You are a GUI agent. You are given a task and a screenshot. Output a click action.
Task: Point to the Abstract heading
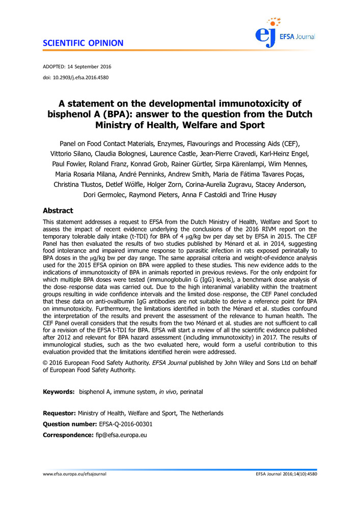point(58,211)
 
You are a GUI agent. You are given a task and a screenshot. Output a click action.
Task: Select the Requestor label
point(60,413)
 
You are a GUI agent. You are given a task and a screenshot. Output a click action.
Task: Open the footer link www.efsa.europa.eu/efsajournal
point(75,474)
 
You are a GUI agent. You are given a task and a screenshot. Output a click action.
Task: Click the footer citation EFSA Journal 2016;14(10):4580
point(287,474)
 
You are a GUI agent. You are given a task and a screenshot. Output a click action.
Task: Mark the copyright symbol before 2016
point(45,362)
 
